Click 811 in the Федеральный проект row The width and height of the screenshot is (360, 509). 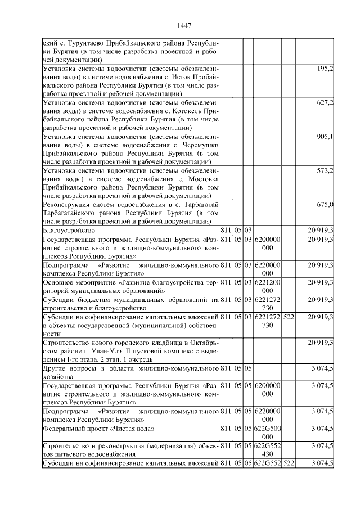pyautogui.click(x=226, y=429)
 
